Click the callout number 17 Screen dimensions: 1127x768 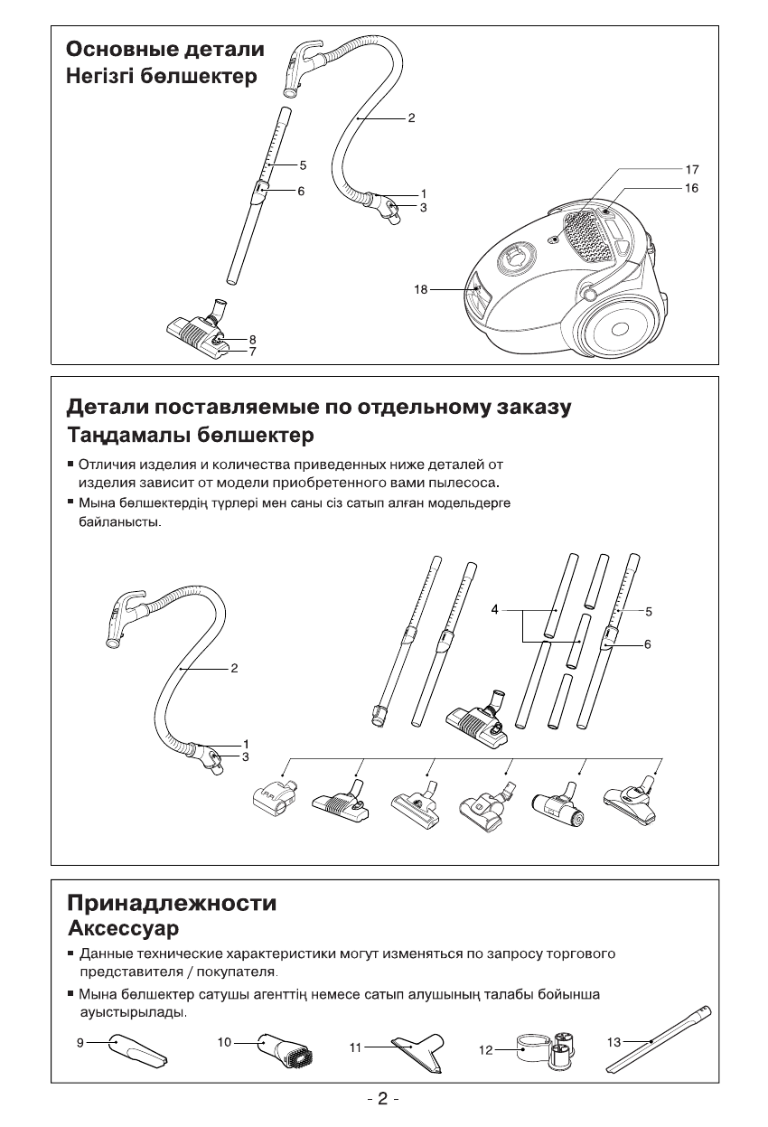click(692, 169)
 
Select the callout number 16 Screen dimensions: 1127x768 click(692, 188)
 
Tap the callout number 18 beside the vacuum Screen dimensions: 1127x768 click(421, 290)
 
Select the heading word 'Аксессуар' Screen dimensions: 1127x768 click(124, 928)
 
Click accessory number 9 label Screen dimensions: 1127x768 click(80, 1042)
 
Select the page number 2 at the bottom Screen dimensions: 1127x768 click(383, 1099)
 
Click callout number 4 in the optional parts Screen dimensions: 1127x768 click(495, 611)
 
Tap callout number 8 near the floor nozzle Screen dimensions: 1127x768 click(253, 339)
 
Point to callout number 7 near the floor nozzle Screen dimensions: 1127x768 click(253, 352)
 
